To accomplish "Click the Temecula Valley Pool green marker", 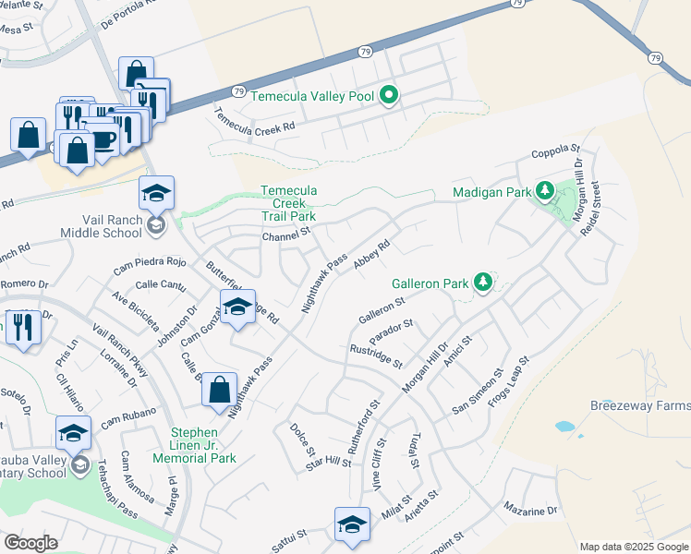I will point(390,95).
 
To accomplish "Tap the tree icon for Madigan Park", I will point(545,191).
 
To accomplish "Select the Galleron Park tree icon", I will point(481,282).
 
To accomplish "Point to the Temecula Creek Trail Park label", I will point(288,203).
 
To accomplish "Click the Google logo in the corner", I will point(30,542).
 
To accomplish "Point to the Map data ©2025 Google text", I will point(634,547).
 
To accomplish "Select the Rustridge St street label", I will point(376,355).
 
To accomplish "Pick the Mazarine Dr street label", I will point(530,510).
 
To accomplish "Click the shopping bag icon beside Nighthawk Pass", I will point(220,390).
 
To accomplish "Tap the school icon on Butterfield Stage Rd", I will point(237,307).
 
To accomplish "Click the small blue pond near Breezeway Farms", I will point(564,428).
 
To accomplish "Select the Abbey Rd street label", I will point(372,252).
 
